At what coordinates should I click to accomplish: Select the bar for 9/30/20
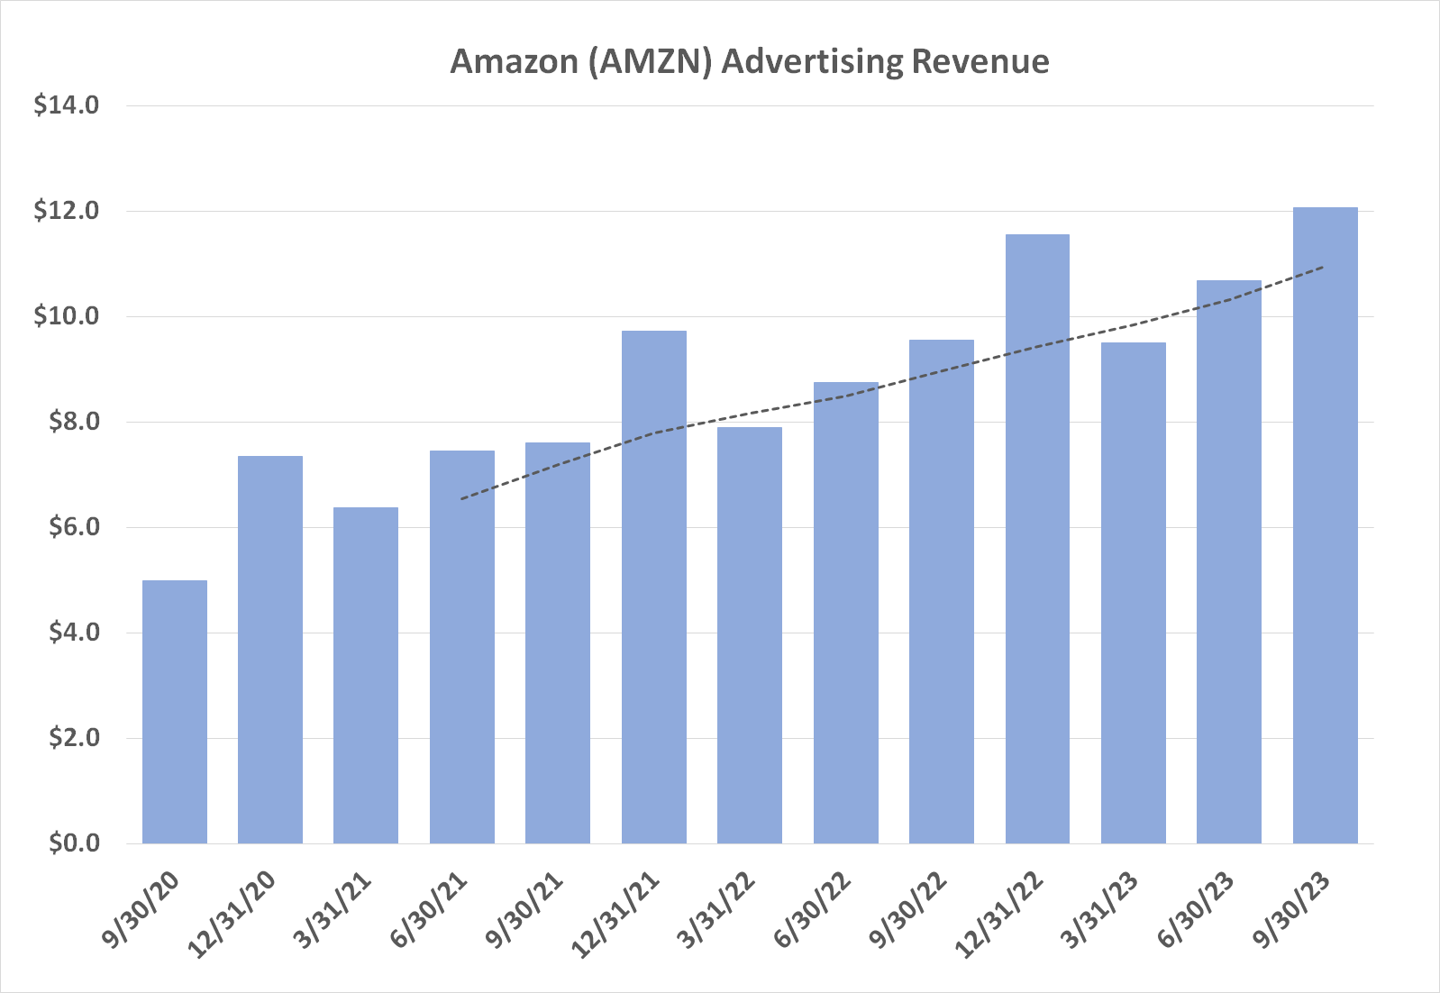[x=175, y=712]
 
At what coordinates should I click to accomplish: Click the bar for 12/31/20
[x=270, y=650]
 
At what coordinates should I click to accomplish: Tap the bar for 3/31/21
[x=366, y=676]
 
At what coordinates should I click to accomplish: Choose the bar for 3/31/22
[x=750, y=635]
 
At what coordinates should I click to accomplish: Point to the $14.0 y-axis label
[x=66, y=105]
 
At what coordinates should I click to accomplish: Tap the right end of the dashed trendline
[x=1323, y=267]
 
